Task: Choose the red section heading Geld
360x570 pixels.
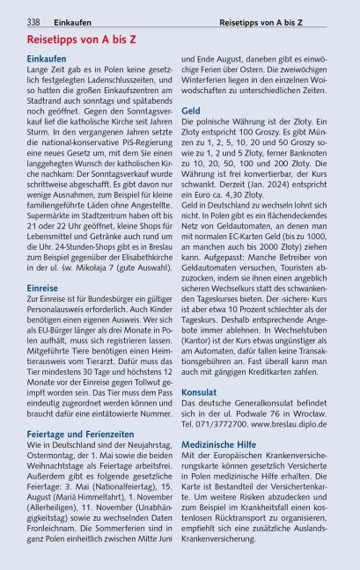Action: click(191, 111)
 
